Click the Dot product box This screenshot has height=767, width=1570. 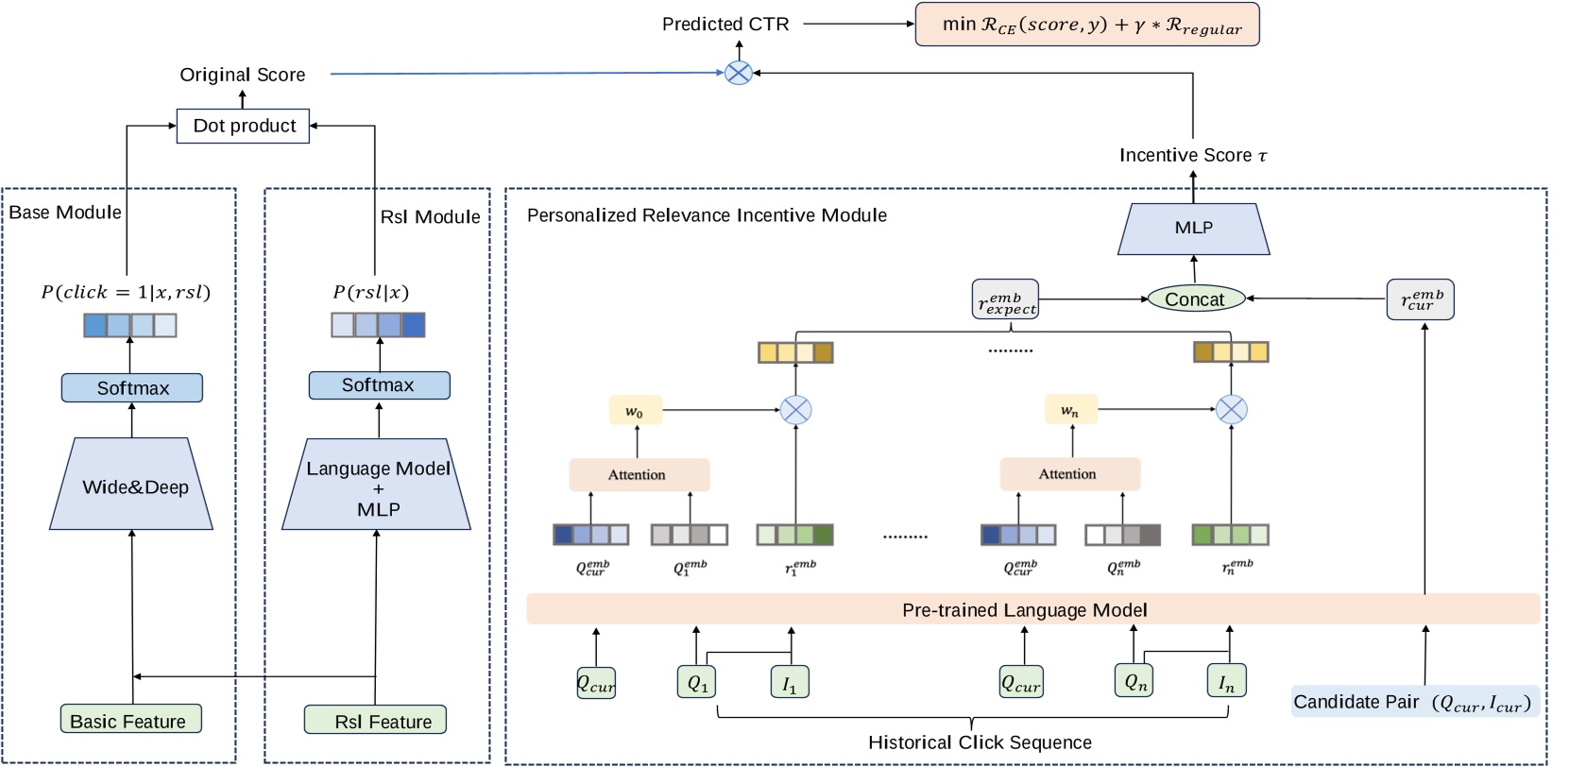(243, 126)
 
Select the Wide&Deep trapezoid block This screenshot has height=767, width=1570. (132, 486)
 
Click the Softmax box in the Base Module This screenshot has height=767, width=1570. (132, 388)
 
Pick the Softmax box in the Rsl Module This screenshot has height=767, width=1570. (379, 385)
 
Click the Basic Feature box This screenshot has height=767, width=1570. (130, 720)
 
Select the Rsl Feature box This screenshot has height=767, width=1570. (375, 720)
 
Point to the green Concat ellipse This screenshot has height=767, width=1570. (1195, 299)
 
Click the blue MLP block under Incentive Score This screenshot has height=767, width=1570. (1193, 229)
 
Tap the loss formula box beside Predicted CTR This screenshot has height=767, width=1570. (1086, 25)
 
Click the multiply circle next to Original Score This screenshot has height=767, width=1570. (738, 73)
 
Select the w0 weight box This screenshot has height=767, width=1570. (635, 412)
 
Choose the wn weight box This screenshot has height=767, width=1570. (1070, 411)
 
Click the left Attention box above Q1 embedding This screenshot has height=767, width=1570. (639, 474)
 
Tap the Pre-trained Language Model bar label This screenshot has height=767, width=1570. (1025, 610)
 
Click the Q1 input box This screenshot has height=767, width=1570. (697, 682)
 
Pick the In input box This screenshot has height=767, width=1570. (1226, 681)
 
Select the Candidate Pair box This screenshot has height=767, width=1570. (1413, 702)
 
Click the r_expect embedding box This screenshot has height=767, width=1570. (1005, 299)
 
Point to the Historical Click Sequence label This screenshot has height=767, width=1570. (980, 742)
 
